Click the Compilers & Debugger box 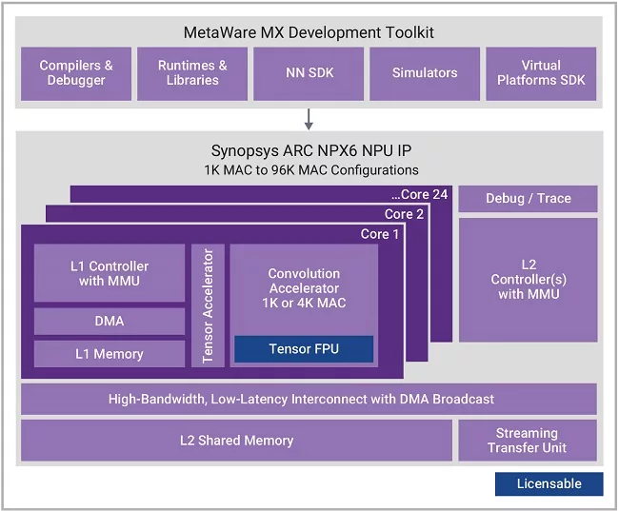(76, 74)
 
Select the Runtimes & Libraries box (192, 74)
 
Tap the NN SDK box (309, 74)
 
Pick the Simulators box (425, 74)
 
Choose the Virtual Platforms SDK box (541, 74)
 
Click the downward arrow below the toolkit (309, 119)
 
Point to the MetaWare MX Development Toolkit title (309, 32)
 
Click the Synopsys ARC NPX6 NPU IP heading (311, 150)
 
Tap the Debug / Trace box (529, 199)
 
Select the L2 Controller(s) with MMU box (529, 280)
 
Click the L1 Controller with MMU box (110, 273)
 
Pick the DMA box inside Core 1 (110, 322)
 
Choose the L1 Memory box (110, 354)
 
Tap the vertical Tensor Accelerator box (208, 305)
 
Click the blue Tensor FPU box (304, 349)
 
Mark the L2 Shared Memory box (236, 441)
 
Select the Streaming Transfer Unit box (528, 441)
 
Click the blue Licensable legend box (549, 483)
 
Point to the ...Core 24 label (420, 194)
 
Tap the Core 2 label (404, 214)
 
